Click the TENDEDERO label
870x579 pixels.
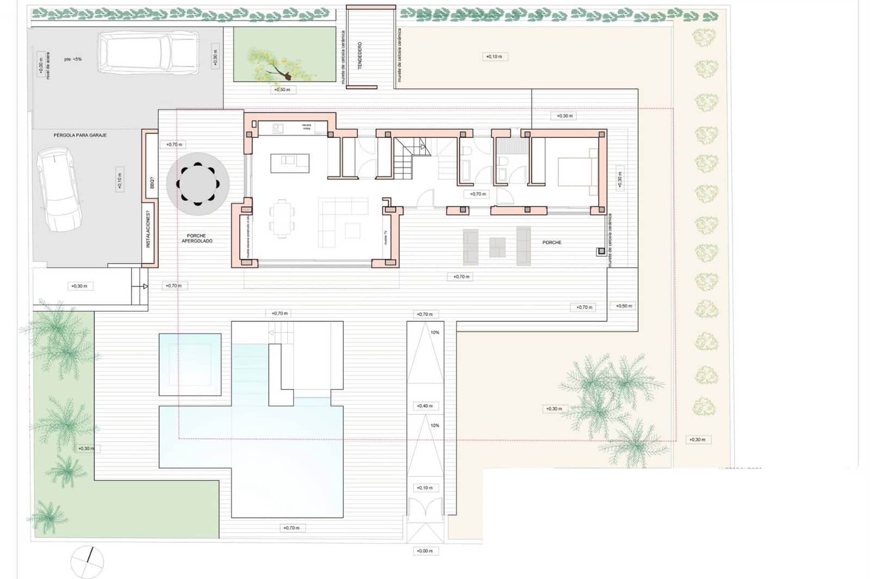tap(360, 56)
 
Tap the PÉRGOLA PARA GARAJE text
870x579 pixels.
tap(80, 135)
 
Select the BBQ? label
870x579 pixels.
tap(151, 183)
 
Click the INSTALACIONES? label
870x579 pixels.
tap(147, 229)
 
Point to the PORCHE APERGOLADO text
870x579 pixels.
tap(197, 238)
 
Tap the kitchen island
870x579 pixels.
tap(290, 163)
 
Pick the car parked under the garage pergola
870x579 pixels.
tap(59, 189)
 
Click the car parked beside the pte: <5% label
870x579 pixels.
tap(147, 53)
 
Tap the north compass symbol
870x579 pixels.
tap(87, 562)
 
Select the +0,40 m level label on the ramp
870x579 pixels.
tap(425, 406)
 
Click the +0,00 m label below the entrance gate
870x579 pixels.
tap(425, 551)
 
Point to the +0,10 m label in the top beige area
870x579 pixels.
tap(494, 56)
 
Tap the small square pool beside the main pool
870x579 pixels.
tap(190, 364)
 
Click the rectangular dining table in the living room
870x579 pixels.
tap(282, 218)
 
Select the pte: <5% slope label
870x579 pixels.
tap(73, 59)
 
